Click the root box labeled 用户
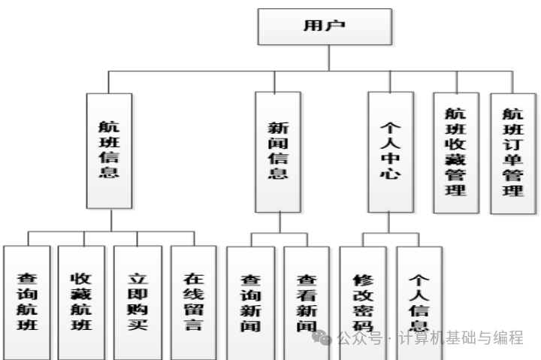325,26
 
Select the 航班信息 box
109,150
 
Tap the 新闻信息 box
278,150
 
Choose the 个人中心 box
391,150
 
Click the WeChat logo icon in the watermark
323,339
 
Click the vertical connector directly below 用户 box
325,59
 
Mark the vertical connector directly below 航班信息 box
110,220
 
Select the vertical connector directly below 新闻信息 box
279,223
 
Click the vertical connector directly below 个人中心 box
390,223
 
